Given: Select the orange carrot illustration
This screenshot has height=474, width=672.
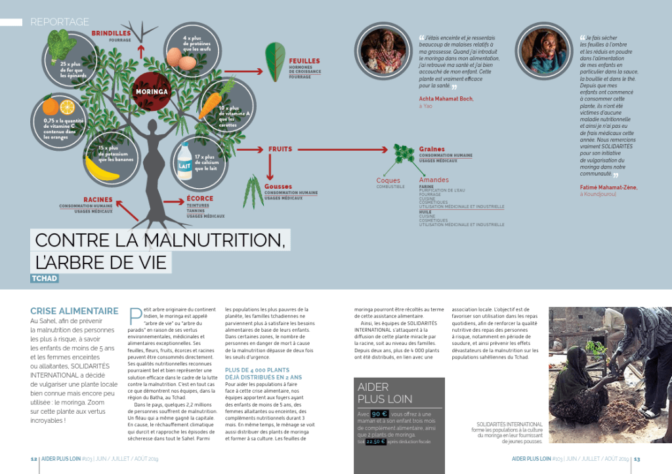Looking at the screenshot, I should tap(210, 106).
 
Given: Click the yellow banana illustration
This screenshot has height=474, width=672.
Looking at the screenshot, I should tap(102, 169).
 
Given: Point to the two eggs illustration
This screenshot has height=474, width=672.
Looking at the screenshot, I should tap(182, 60).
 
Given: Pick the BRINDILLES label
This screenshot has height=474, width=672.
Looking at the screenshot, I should tap(111, 33).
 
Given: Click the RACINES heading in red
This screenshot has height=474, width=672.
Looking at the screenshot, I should tap(98, 199).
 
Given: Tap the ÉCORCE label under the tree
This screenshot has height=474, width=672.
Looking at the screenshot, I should tap(199, 199).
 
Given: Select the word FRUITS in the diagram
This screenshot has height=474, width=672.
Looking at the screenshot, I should tap(280, 149).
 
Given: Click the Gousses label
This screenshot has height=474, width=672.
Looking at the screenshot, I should tap(278, 186).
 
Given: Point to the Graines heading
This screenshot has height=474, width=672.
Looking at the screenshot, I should tap(432, 149).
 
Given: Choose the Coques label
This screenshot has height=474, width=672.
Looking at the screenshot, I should tap(388, 180).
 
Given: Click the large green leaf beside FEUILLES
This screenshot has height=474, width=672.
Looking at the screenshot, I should tap(274, 62).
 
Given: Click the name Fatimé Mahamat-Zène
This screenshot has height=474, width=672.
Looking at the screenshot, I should tap(608, 188).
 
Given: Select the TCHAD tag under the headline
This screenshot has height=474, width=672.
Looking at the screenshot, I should tap(43, 279).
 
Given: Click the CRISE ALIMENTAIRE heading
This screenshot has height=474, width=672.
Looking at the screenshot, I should tap(74, 311).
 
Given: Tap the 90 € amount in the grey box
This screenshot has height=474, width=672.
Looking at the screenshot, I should tap(379, 414).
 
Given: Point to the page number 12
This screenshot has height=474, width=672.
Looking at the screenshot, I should tap(33, 459).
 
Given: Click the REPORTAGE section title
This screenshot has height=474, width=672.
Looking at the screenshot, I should tap(60, 22).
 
